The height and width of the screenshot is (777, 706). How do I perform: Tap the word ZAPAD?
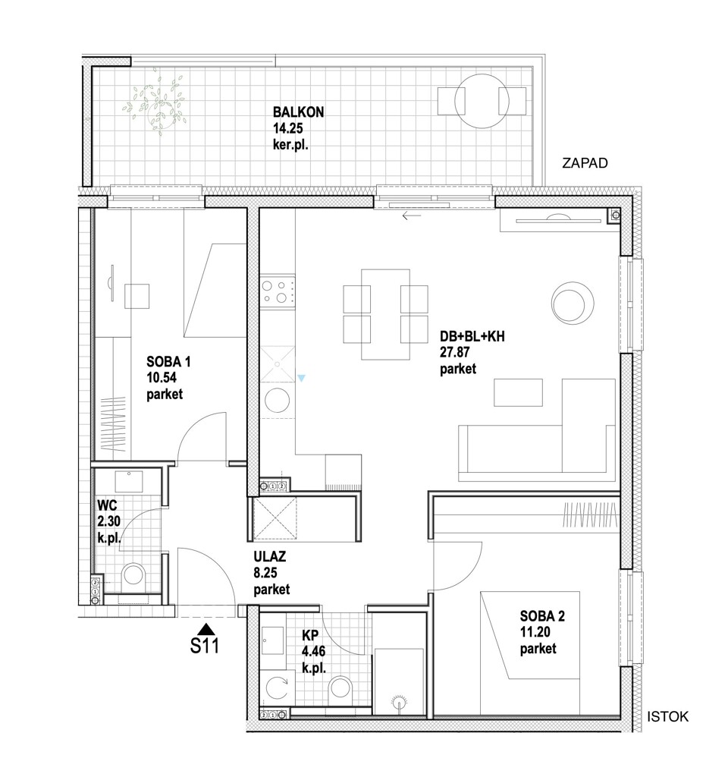pyautogui.click(x=586, y=162)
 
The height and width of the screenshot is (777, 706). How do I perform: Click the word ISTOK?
pyautogui.click(x=668, y=716)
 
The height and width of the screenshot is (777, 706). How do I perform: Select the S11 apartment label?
pyautogui.click(x=204, y=647)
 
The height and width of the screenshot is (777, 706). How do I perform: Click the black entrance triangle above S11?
pyautogui.click(x=205, y=628)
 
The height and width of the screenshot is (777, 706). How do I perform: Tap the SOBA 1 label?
pyautogui.click(x=168, y=363)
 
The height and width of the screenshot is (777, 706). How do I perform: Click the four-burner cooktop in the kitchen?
pyautogui.click(x=277, y=292)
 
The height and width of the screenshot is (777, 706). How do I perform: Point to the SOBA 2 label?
pyautogui.click(x=542, y=615)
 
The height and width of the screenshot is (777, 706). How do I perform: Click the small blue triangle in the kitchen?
pyautogui.click(x=302, y=377)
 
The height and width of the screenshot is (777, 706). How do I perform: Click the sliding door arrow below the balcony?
pyautogui.click(x=412, y=217)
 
